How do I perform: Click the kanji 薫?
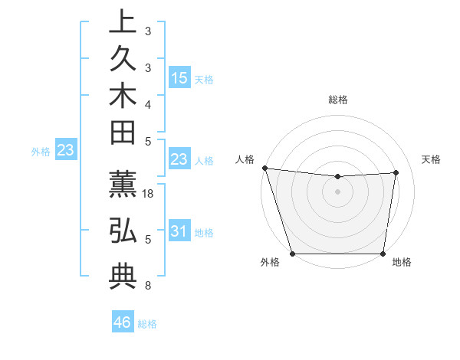point(122,188)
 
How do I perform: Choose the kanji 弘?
point(122,231)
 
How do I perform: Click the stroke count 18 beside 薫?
point(149,195)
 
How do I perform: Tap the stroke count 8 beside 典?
point(148,286)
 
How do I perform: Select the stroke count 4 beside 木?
point(148,104)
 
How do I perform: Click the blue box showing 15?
point(179,77)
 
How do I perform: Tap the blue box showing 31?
point(179,231)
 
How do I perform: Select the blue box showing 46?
point(123,322)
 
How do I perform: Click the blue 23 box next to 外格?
point(66,151)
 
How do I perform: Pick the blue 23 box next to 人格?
point(179,159)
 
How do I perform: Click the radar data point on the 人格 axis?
point(264,168)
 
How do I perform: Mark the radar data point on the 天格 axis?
point(396,172)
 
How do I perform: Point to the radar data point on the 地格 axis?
point(383,254)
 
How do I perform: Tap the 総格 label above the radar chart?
point(338,100)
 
